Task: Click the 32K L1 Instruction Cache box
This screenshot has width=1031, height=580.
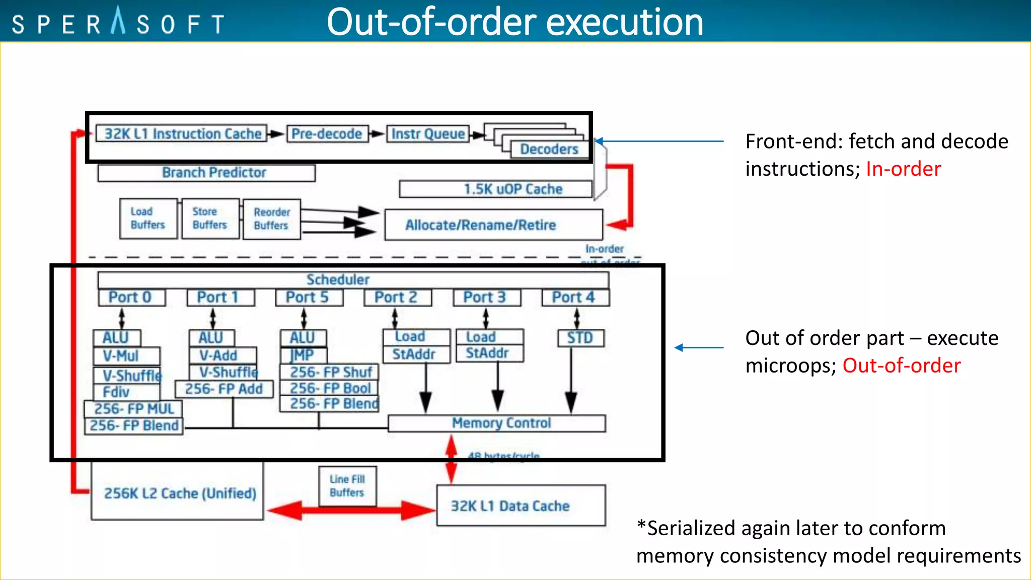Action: point(182,134)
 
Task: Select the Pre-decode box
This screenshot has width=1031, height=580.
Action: point(327,134)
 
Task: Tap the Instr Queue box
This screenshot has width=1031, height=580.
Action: point(428,134)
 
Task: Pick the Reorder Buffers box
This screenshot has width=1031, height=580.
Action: point(271,219)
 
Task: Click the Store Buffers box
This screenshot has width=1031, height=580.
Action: point(210,219)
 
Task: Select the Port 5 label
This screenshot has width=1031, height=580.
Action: point(309,298)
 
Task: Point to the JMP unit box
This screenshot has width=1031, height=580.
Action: point(303,355)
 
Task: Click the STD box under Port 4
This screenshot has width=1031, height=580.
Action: point(580,338)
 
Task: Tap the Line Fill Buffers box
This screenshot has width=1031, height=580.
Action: point(347,486)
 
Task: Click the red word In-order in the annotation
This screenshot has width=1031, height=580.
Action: point(903,169)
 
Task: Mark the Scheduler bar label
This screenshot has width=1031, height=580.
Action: point(338,279)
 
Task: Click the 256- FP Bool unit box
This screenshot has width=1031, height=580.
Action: point(330,388)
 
